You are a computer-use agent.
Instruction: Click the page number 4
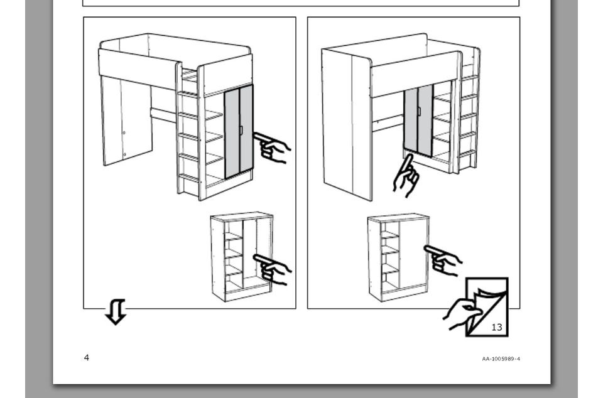point(87,358)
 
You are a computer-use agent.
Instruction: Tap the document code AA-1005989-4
point(501,359)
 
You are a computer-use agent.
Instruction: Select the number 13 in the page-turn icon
point(497,327)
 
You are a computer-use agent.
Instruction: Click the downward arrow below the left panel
point(116,311)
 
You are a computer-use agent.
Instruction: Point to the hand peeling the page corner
point(462,313)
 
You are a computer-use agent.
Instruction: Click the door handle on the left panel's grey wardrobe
point(241,130)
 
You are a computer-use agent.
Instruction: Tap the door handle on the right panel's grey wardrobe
point(419,111)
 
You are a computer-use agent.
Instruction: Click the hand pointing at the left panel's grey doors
point(272,148)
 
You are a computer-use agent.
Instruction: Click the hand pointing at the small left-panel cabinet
point(272,269)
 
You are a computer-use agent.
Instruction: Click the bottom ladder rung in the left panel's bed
point(189,178)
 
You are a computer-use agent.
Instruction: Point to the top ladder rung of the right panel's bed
point(469,78)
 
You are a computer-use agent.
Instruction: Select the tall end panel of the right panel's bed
point(346,123)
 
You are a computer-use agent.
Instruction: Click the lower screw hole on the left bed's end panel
point(124,155)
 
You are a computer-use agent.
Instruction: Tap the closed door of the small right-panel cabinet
point(413,254)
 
